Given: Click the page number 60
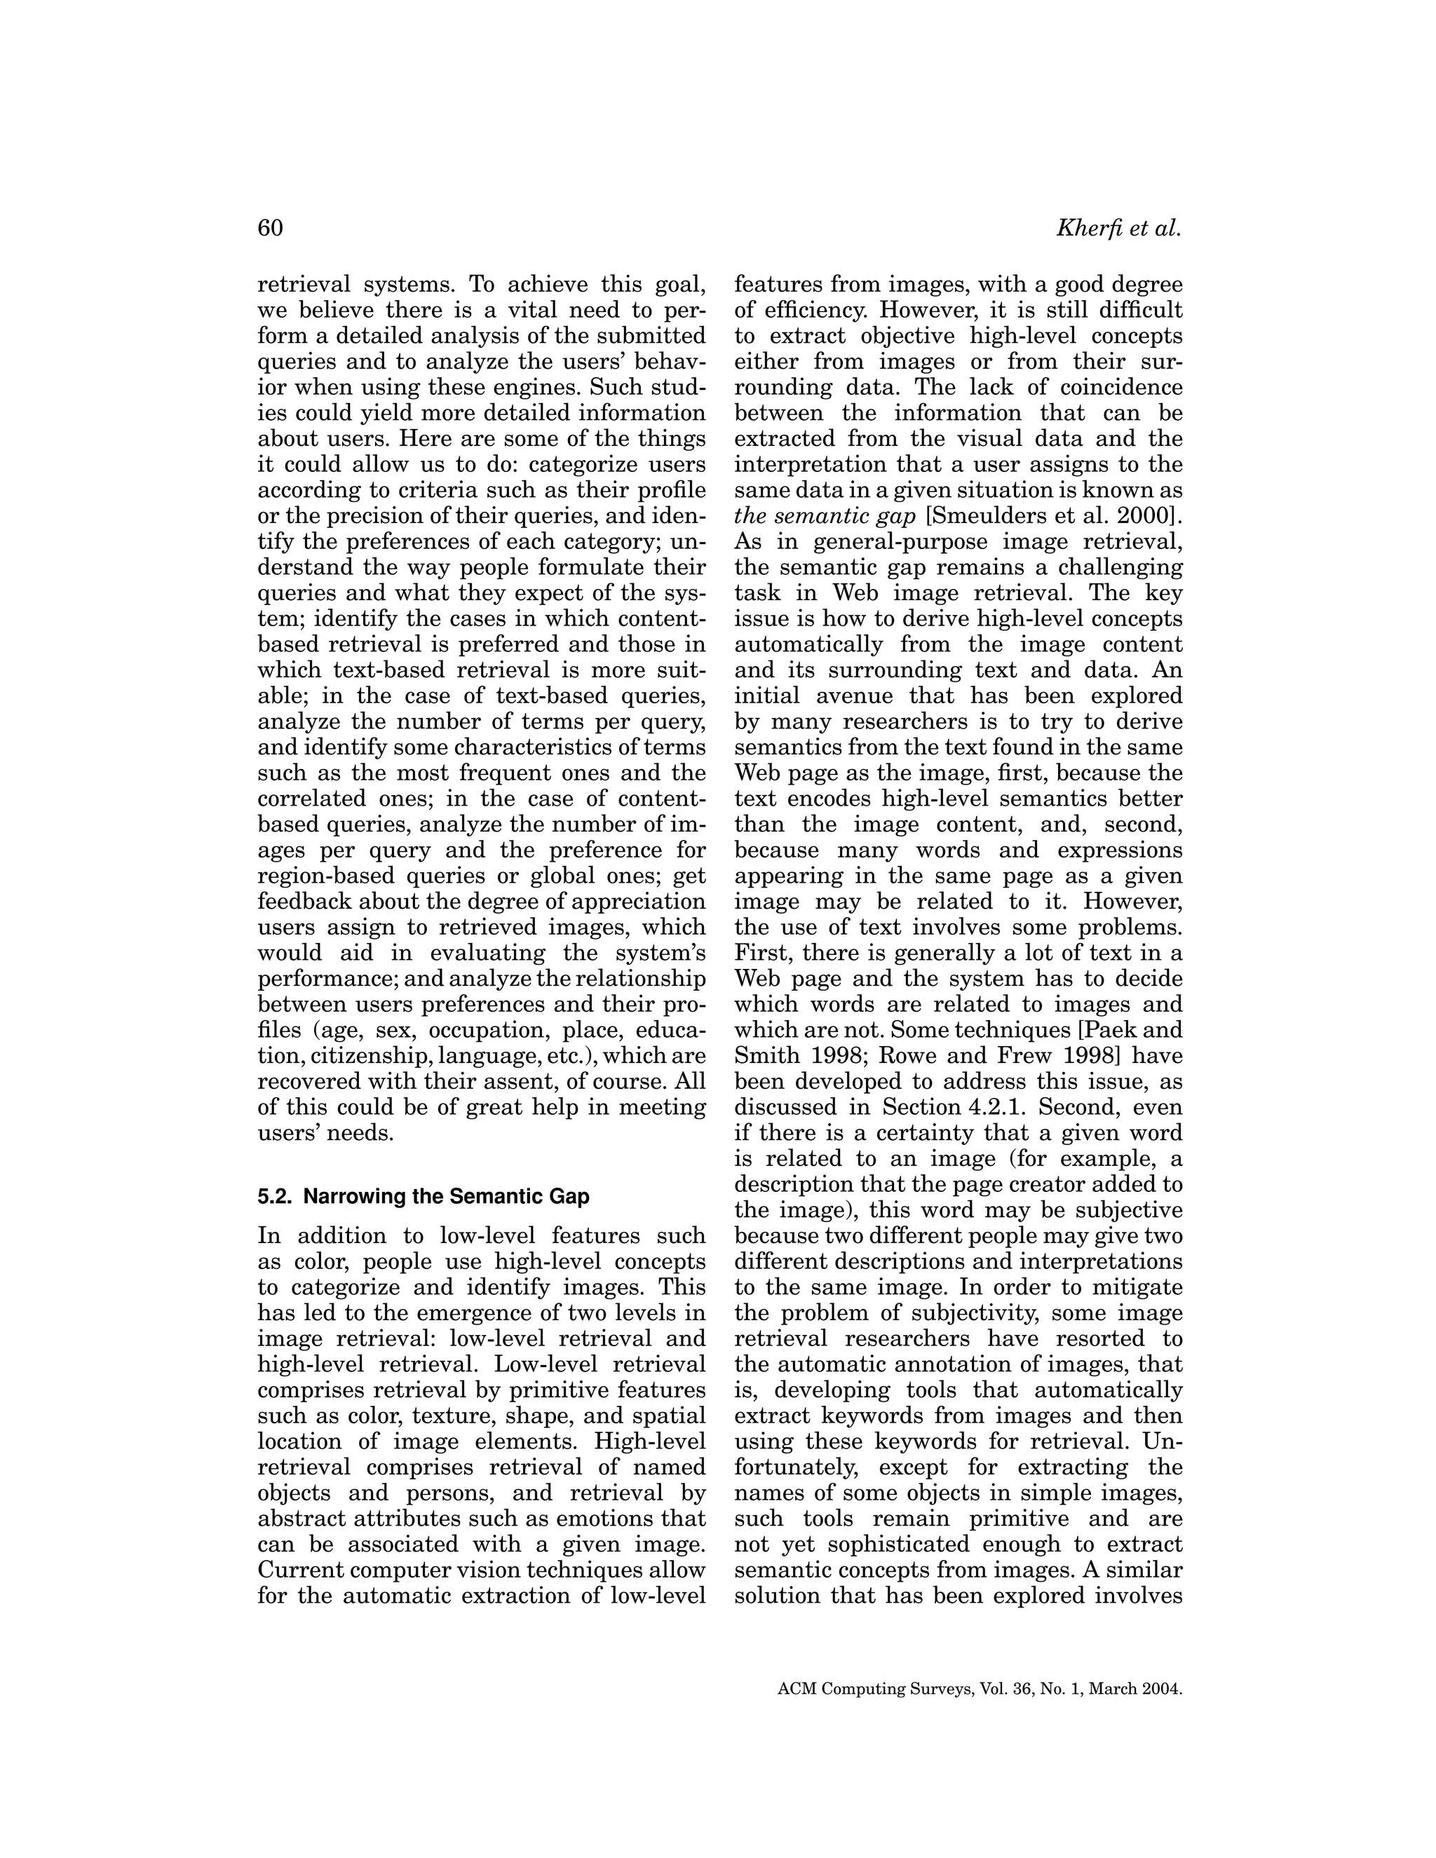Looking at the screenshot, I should [x=270, y=228].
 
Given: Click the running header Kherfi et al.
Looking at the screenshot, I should [x=1118, y=228].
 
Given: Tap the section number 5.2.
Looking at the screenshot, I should [x=276, y=1196].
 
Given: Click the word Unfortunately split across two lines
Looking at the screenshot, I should [x=1161, y=1441].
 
